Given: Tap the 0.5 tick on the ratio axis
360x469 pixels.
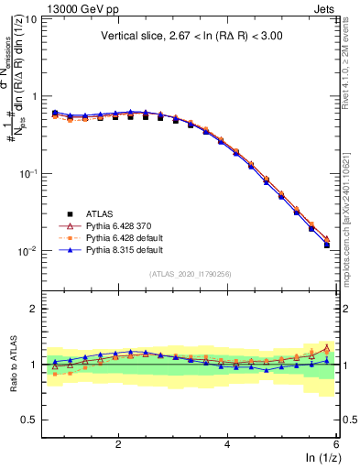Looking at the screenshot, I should tap(30, 420).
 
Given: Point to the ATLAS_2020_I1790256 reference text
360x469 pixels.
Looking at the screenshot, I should tap(190, 274).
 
